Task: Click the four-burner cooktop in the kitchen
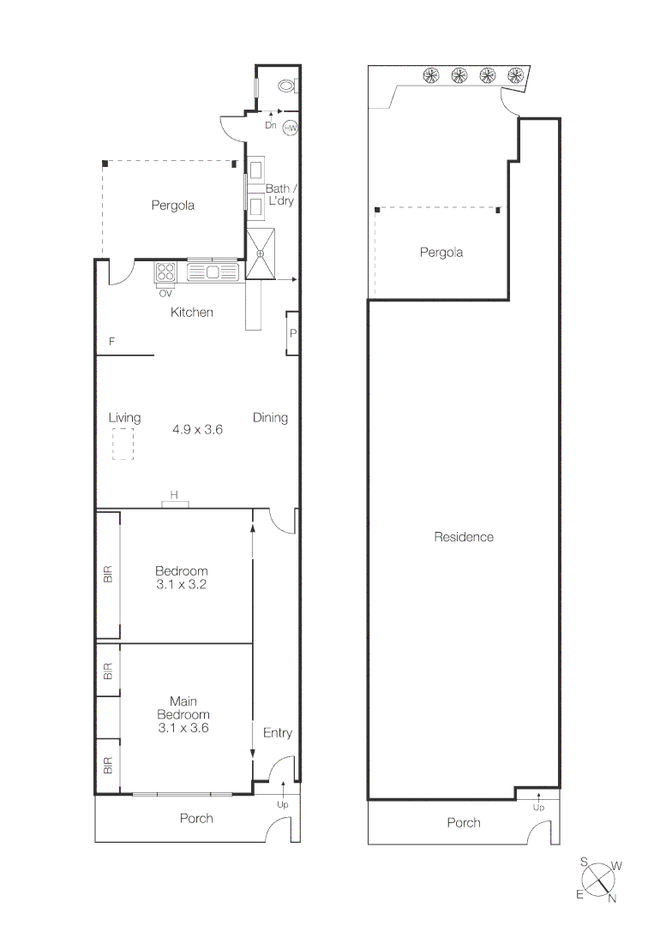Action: (165, 273)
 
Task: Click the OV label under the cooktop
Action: (165, 293)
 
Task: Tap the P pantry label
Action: (292, 333)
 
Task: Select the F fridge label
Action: (111, 342)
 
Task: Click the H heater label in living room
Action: (174, 495)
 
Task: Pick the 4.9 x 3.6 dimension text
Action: (197, 430)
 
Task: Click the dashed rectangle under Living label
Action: (123, 445)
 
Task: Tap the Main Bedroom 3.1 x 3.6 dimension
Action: (183, 728)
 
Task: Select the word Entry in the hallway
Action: (277, 732)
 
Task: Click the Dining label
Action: (270, 418)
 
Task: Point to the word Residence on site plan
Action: (464, 537)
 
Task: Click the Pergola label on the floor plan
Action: (173, 205)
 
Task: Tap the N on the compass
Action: (612, 898)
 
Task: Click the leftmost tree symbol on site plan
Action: (432, 75)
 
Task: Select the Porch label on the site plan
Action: (464, 822)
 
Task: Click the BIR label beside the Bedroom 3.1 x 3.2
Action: (108, 574)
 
